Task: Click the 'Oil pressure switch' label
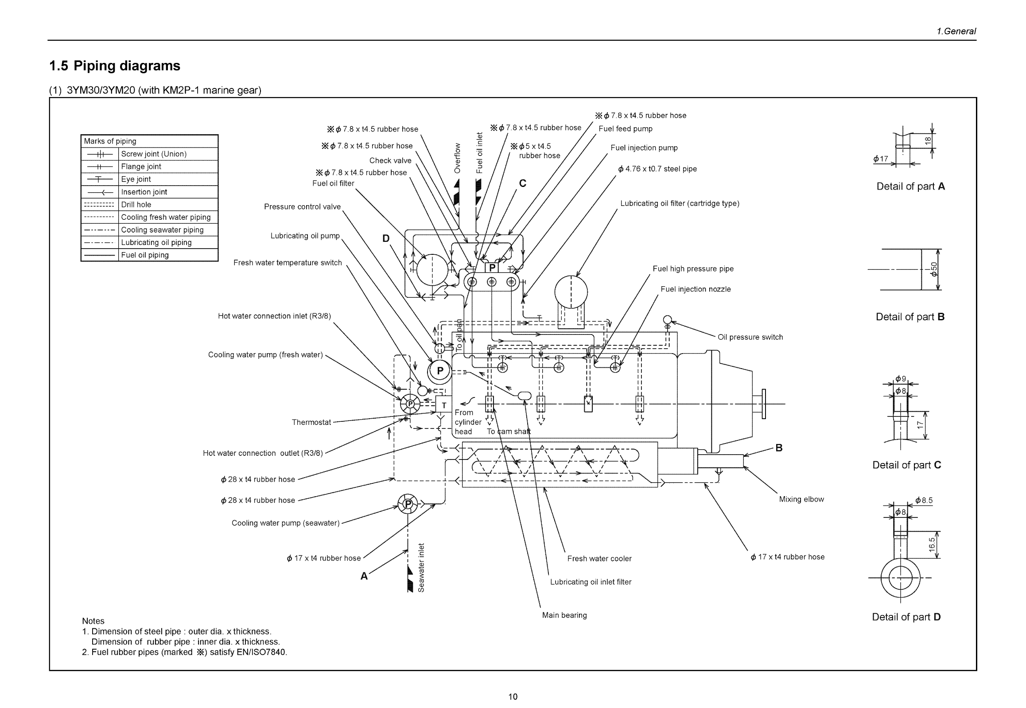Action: [750, 337]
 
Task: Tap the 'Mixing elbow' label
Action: [801, 499]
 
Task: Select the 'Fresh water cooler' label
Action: [599, 559]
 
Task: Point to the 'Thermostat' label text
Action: [311, 422]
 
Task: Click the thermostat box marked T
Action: [443, 405]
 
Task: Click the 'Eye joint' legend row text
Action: [136, 179]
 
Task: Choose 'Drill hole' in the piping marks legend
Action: [136, 205]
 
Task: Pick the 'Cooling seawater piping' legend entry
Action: [162, 230]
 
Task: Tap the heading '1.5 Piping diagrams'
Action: [114, 66]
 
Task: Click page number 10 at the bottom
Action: [512, 697]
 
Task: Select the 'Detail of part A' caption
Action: [910, 187]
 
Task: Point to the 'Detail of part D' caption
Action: [906, 617]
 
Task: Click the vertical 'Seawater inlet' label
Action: [421, 568]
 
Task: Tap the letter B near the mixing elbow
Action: [778, 448]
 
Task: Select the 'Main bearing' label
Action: [564, 615]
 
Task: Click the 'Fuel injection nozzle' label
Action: [695, 289]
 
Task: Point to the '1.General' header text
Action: [956, 31]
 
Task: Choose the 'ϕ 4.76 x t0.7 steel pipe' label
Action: [657, 169]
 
